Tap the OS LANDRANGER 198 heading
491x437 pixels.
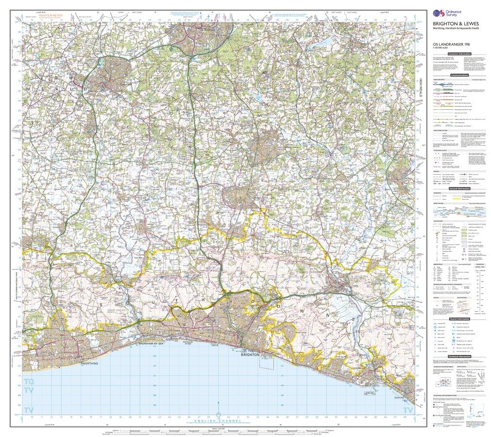coord(452,45)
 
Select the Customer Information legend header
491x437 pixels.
coord(459,53)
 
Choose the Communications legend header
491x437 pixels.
coord(459,76)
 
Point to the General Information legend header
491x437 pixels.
coord(459,189)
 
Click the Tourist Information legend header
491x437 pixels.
coord(459,319)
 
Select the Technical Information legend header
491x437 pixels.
coord(459,357)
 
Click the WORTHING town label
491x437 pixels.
coord(91,363)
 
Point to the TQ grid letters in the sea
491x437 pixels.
coord(28,383)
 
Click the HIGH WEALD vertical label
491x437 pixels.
coord(422,90)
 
